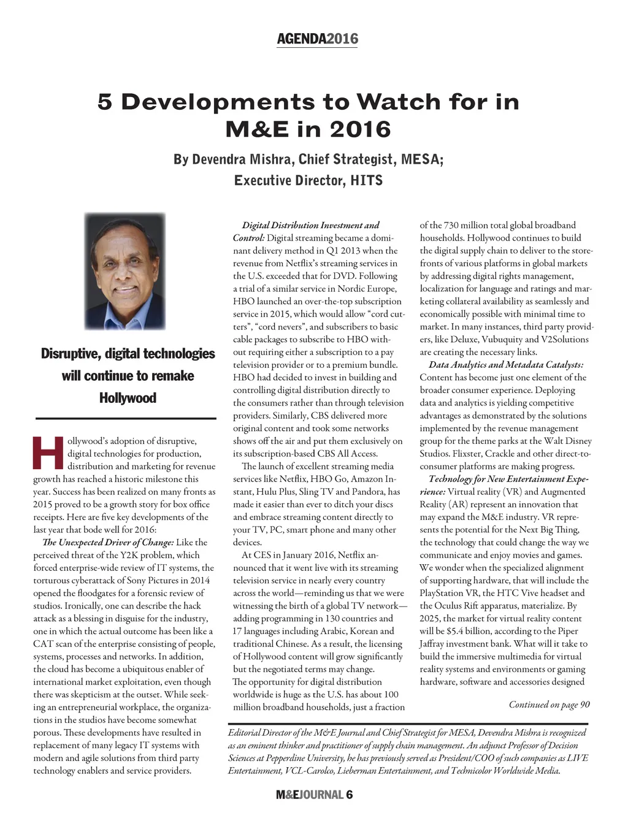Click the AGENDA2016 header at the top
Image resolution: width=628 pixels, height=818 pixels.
[x=317, y=39]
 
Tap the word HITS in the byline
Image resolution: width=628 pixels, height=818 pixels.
[x=366, y=180]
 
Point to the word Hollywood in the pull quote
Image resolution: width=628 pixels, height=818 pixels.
[x=128, y=398]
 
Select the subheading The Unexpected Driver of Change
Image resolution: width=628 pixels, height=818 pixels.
[x=108, y=542]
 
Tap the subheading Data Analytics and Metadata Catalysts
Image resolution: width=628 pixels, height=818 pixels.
[x=505, y=365]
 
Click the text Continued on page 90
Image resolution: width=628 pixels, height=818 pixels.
[x=549, y=705]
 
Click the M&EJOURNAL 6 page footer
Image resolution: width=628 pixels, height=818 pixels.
[x=314, y=795]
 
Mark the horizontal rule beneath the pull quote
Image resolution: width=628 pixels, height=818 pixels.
[x=126, y=418]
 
